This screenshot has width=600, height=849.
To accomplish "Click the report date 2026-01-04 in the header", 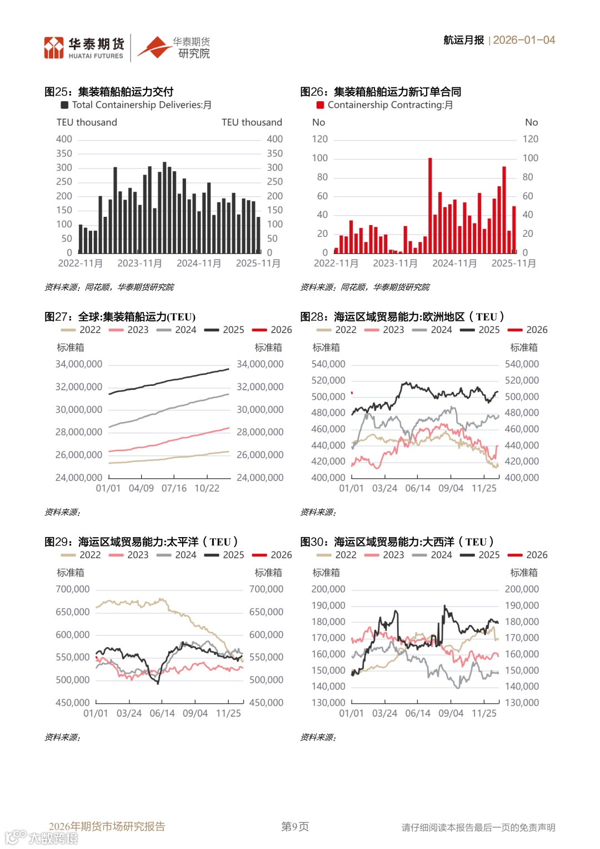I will click(x=524, y=40).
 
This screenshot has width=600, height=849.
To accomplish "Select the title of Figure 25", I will click(x=109, y=92).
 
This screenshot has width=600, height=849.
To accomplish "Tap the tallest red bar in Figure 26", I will click(x=430, y=205).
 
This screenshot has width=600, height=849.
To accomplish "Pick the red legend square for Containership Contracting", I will click(x=320, y=105).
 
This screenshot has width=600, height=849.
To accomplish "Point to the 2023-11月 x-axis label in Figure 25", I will click(x=139, y=263).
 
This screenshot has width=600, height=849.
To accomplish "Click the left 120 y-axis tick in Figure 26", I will click(x=319, y=139).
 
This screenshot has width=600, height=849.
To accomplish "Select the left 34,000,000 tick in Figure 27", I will click(x=79, y=364).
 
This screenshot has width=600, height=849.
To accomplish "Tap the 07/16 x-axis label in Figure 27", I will click(x=174, y=488).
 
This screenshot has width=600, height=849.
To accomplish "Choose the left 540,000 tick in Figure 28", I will click(x=328, y=364).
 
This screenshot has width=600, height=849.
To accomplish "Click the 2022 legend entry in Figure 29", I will click(x=82, y=555).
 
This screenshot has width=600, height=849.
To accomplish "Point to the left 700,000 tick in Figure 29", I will click(x=72, y=589).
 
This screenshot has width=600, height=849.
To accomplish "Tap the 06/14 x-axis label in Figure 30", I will click(x=418, y=713).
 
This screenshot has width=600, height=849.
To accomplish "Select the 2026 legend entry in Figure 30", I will click(x=529, y=555).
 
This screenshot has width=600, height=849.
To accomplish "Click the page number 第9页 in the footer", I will click(x=295, y=827).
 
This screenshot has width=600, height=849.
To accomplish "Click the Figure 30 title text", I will click(x=397, y=542).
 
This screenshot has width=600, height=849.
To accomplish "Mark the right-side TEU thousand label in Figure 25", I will click(x=252, y=122).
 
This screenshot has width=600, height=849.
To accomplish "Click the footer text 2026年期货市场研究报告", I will click(x=107, y=827).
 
